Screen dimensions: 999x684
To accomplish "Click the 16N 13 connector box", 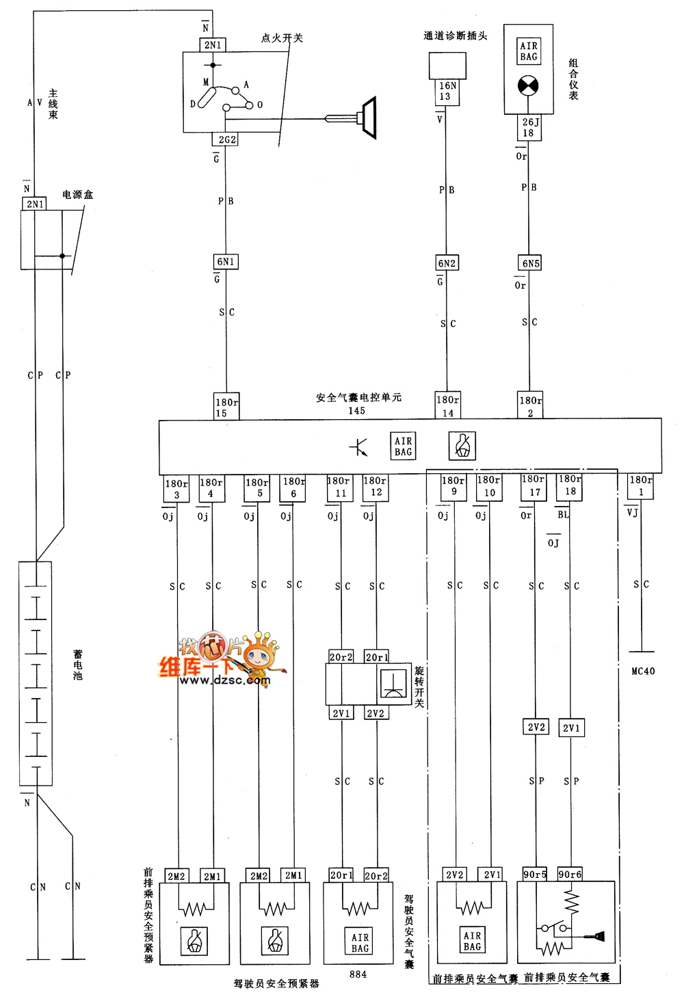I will [447, 92].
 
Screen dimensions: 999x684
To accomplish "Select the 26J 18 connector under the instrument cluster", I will [529, 128].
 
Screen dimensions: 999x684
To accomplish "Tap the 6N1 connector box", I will [226, 262].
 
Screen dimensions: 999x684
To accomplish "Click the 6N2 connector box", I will [447, 263].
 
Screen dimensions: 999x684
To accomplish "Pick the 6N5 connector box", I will [531, 263].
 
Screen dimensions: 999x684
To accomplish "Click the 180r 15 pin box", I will [226, 408].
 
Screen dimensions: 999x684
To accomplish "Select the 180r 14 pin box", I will [448, 406].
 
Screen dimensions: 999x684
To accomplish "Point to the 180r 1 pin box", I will [640, 485].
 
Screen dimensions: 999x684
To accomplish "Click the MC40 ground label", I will [643, 671].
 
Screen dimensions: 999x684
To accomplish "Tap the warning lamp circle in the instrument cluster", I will [528, 86].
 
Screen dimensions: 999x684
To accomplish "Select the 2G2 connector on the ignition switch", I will [227, 139].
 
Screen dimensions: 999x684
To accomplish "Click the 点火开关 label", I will [282, 38].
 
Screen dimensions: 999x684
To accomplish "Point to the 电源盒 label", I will [77, 195].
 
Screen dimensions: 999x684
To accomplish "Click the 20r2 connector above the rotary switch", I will [341, 657].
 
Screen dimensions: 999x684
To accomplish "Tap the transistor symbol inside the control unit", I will [359, 447].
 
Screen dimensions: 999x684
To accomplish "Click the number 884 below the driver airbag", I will [358, 974].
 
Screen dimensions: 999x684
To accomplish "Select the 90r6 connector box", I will [570, 875].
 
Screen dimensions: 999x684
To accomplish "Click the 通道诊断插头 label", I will [455, 36].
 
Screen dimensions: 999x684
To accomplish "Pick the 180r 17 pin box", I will [534, 485].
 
